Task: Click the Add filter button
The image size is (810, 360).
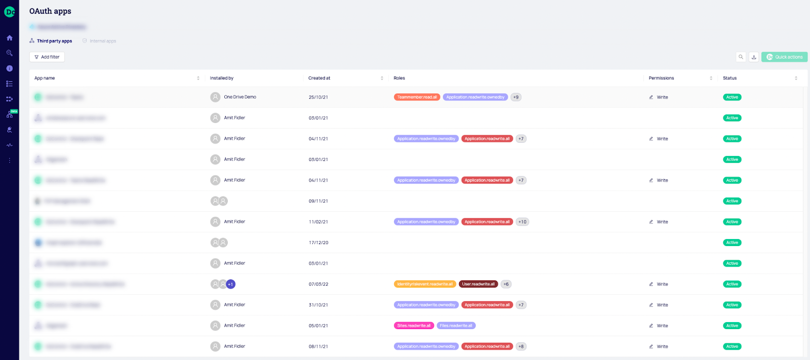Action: pos(47,57)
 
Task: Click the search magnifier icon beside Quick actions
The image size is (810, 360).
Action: pos(741,57)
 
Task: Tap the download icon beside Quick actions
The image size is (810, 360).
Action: pos(754,57)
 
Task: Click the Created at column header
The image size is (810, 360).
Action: pos(319,78)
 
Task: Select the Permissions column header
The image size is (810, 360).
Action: pos(661,78)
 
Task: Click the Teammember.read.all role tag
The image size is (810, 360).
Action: pos(417,97)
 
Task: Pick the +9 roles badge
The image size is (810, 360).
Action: pos(516,97)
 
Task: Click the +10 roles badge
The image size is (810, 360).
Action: pos(522,222)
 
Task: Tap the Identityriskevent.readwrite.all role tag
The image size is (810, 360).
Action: pos(425,284)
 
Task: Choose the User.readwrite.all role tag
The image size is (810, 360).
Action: pos(478,284)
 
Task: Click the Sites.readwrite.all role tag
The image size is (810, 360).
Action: pos(414,326)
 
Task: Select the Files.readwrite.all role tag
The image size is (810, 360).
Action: pos(456,326)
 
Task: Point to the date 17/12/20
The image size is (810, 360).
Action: pos(318,243)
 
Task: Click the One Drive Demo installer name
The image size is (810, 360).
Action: pos(240,97)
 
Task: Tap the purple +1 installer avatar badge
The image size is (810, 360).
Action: pos(230,285)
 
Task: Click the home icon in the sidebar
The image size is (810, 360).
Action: pos(10,38)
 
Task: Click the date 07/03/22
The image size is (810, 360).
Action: pos(318,284)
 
